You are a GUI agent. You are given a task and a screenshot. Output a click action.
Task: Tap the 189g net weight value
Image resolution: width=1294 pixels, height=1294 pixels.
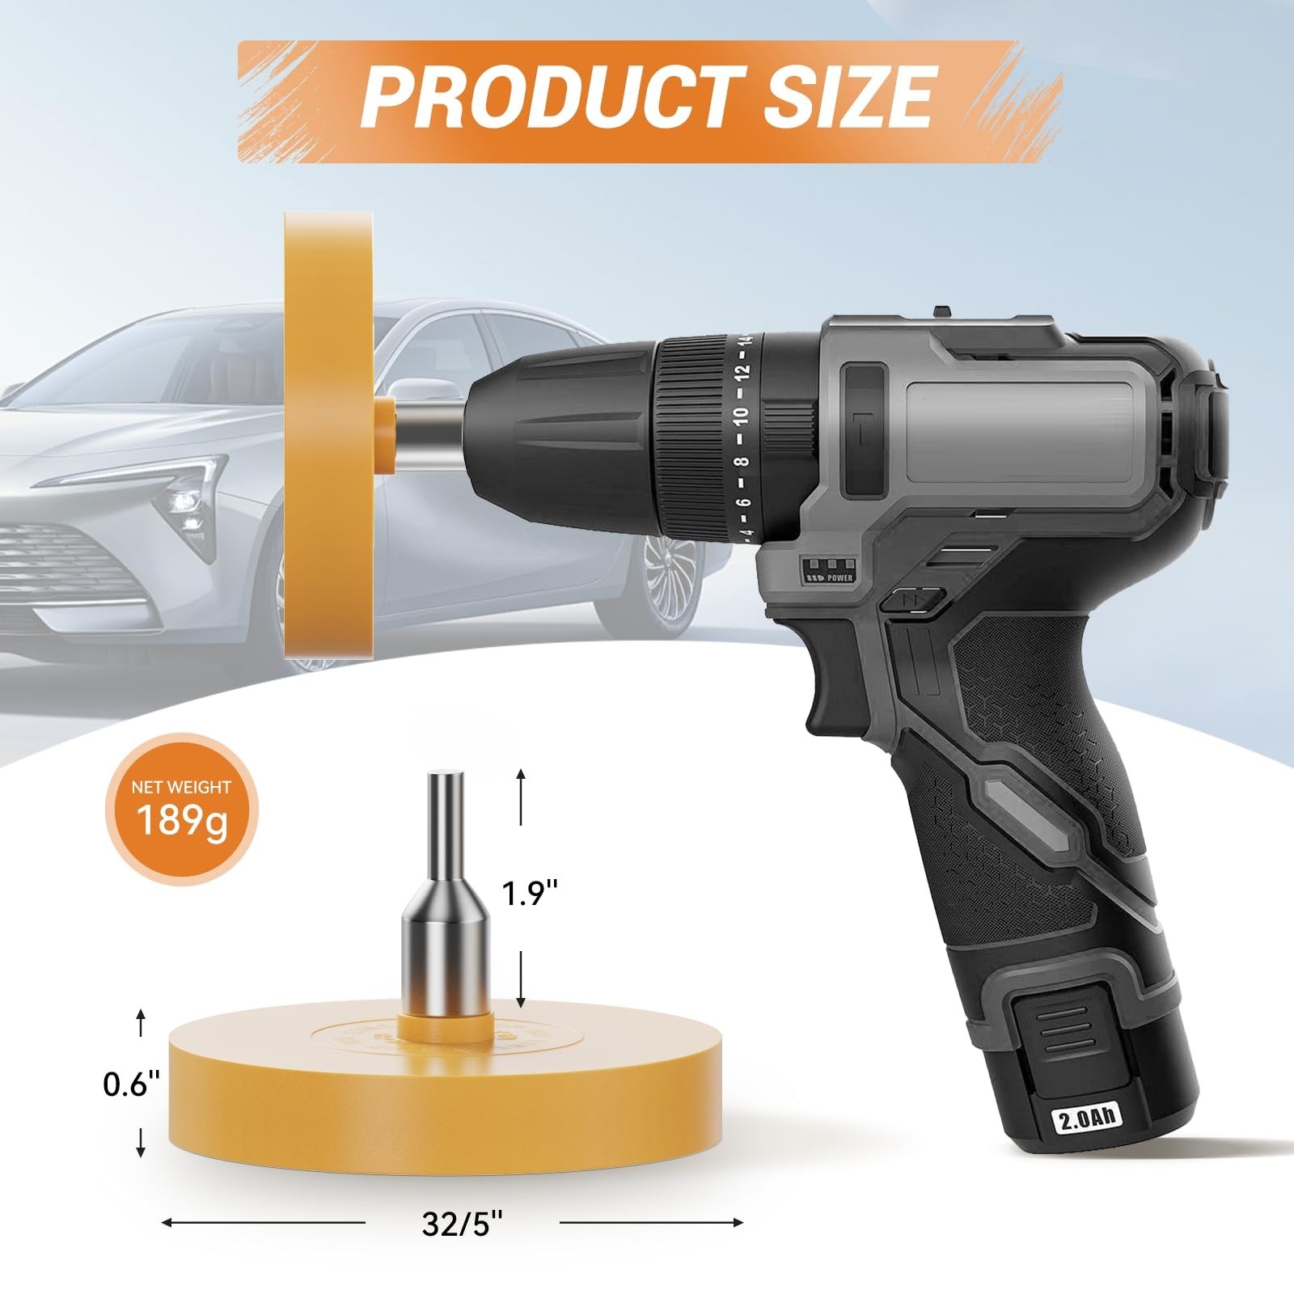(x=183, y=821)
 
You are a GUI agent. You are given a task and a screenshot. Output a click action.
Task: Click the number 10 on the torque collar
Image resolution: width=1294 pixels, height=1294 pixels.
(x=741, y=416)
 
